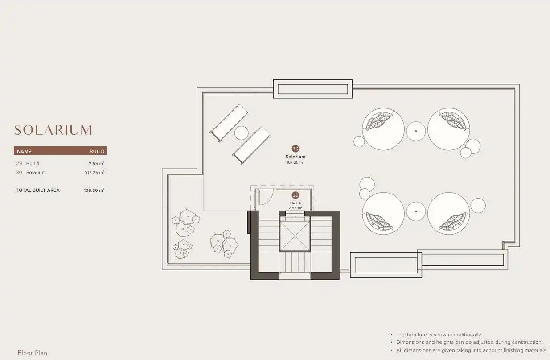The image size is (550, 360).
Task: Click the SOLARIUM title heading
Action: pyautogui.click(x=53, y=130)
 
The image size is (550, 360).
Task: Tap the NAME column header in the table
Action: pyautogui.click(x=25, y=151)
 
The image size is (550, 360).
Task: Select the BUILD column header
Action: pyautogui.click(x=97, y=151)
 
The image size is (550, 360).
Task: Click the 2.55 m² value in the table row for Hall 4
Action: pyautogui.click(x=97, y=163)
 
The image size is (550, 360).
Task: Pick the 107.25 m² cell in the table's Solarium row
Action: pyautogui.click(x=94, y=173)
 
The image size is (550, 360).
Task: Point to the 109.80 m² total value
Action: pyautogui.click(x=94, y=190)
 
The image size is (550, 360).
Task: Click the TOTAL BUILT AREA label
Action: pyautogui.click(x=38, y=190)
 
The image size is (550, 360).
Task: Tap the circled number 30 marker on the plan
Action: pyautogui.click(x=296, y=149)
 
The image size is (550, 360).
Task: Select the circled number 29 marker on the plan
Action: pyautogui.click(x=296, y=195)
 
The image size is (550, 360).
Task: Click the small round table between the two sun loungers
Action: pyautogui.click(x=242, y=133)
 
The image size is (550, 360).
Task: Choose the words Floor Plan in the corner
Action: pyautogui.click(x=33, y=353)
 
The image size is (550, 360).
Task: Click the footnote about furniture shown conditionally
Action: pyautogui.click(x=439, y=335)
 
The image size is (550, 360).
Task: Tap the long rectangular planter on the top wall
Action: pyautogui.click(x=313, y=89)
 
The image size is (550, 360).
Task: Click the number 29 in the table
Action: pyautogui.click(x=19, y=163)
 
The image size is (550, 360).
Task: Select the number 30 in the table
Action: pyautogui.click(x=19, y=173)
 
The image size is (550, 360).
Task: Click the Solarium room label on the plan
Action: pyautogui.click(x=296, y=157)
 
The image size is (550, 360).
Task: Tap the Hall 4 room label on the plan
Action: pyautogui.click(x=296, y=203)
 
